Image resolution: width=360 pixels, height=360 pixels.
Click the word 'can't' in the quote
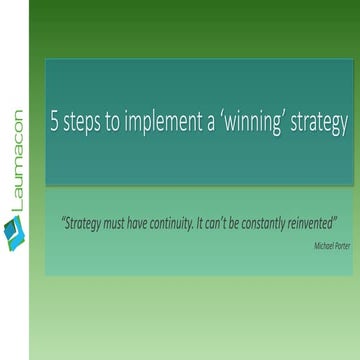point(225,222)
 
